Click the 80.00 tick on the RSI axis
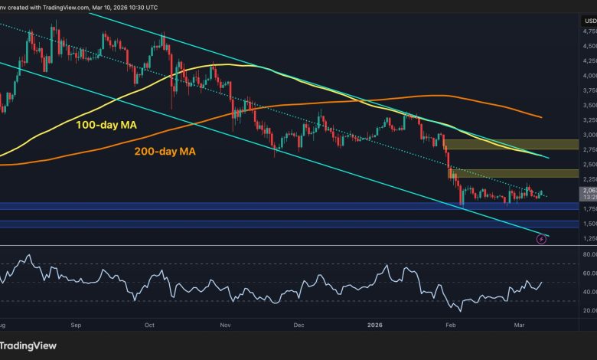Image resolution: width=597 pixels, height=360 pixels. point(589,254)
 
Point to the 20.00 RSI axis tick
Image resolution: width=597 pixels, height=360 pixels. point(589,310)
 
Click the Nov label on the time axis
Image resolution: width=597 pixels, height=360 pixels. point(225,325)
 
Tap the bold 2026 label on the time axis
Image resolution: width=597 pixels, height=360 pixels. point(374,325)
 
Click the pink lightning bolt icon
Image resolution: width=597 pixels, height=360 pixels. point(542,239)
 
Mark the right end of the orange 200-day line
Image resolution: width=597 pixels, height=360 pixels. point(541,117)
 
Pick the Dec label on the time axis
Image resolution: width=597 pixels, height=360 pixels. point(298,325)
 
